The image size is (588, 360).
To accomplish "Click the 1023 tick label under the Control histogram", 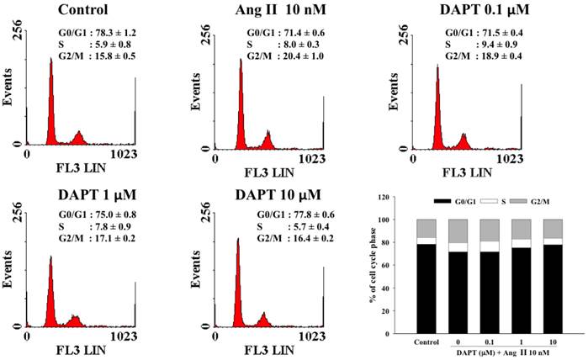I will (124, 158).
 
